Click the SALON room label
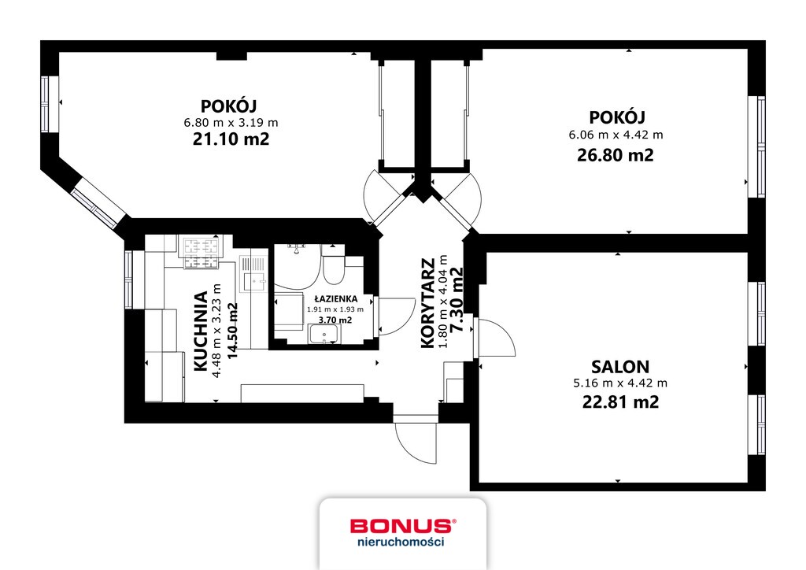coord(620,366)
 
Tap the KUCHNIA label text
coord(201,331)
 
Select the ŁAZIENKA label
coord(335,298)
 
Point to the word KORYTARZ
coord(427,304)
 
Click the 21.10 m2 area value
coord(231,139)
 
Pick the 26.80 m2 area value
coord(616,155)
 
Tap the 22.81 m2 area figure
coord(620,402)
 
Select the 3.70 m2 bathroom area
coord(335,320)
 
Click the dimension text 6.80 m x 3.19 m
coord(231,123)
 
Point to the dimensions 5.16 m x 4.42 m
coord(620,383)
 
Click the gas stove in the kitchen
coord(199,253)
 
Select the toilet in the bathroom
coord(334,265)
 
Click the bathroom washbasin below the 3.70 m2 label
coord(324,335)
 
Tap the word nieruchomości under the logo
coord(401,541)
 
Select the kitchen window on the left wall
coord(130,279)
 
